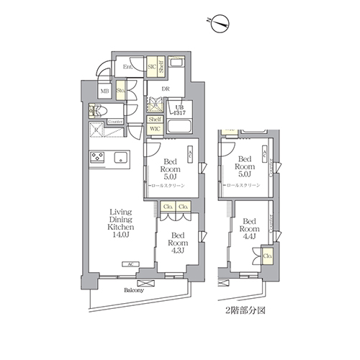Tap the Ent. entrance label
[x=127, y=67]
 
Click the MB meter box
[x=104, y=91]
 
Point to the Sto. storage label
[x=121, y=91]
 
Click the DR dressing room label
[x=165, y=89]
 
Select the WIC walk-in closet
[x=155, y=129]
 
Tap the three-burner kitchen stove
[x=98, y=157]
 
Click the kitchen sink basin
[x=120, y=157]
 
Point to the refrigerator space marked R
[x=98, y=131]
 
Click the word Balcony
[x=132, y=291]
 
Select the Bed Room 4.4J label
[x=249, y=230]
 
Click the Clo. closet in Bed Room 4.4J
[x=266, y=254]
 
